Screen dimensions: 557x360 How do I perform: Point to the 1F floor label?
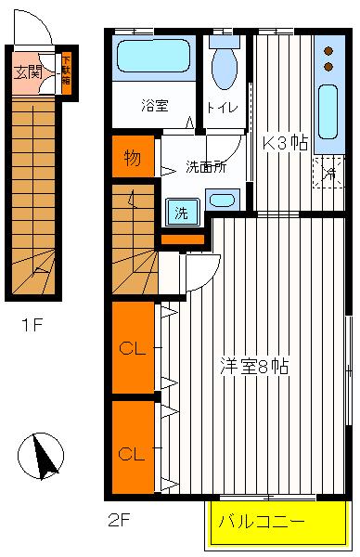click(32, 326)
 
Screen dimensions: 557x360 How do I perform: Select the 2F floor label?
click(117, 520)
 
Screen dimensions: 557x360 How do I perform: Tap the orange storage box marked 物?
click(133, 158)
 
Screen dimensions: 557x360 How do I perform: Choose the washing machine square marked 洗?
click(181, 213)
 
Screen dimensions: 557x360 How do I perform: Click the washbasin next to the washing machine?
click(222, 199)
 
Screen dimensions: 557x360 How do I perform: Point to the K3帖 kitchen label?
click(285, 143)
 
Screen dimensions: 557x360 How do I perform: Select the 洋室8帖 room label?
click(253, 365)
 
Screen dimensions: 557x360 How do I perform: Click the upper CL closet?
click(132, 349)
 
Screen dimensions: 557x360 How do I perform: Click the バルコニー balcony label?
click(261, 522)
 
